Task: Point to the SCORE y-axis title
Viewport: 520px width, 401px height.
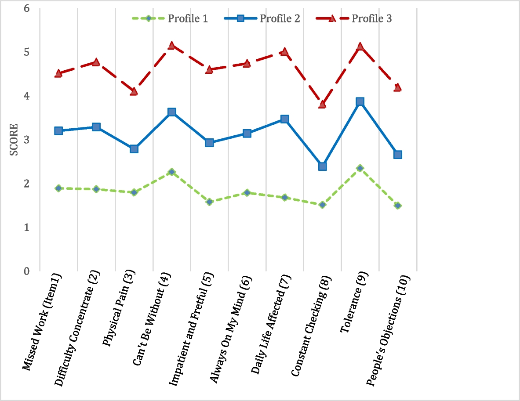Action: (x=14, y=139)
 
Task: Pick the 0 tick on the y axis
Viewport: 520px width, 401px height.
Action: (x=26, y=271)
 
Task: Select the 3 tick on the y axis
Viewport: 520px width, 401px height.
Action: (x=26, y=139)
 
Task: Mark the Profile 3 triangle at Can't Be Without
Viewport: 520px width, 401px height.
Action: (x=171, y=45)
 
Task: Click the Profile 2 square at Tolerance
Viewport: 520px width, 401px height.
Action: (x=360, y=101)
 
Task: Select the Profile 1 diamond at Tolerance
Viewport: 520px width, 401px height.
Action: (x=360, y=168)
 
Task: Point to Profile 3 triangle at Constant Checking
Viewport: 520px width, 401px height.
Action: (x=322, y=104)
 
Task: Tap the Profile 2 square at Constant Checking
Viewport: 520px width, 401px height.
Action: (x=322, y=166)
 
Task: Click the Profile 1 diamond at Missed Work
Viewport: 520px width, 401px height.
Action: (x=58, y=188)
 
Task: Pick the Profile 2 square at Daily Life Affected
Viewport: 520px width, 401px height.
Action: (x=284, y=119)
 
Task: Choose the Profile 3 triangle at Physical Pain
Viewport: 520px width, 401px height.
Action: (x=134, y=91)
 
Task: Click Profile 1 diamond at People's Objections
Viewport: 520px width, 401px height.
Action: (x=398, y=206)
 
